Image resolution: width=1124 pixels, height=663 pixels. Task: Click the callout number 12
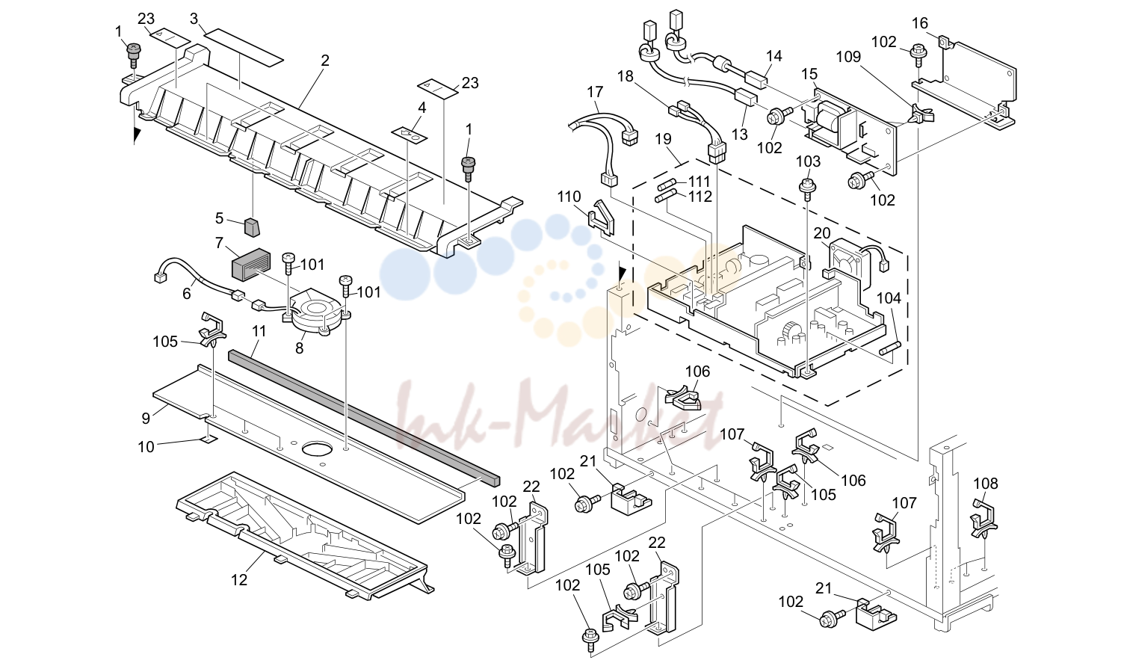pos(239,580)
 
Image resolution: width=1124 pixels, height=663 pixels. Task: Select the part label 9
pos(146,418)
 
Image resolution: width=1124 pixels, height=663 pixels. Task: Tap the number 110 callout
pos(569,197)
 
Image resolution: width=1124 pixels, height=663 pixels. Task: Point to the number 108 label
pos(986,484)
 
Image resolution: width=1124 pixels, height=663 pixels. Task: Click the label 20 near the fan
pos(822,233)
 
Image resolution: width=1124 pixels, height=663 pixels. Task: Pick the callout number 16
pos(920,23)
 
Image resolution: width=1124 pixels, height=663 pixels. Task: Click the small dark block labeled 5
pos(253,227)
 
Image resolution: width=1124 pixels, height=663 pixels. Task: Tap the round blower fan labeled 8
pos(316,309)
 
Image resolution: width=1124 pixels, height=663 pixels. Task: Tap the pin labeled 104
pos(891,348)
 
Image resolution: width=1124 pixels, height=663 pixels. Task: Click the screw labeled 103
pos(807,188)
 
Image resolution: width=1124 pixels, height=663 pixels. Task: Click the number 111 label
pos(700,181)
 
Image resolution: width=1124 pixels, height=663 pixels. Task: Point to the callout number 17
pos(595,92)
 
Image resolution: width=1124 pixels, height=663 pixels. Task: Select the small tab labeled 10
pos(209,440)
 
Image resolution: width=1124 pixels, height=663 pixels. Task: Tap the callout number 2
pos(325,61)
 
